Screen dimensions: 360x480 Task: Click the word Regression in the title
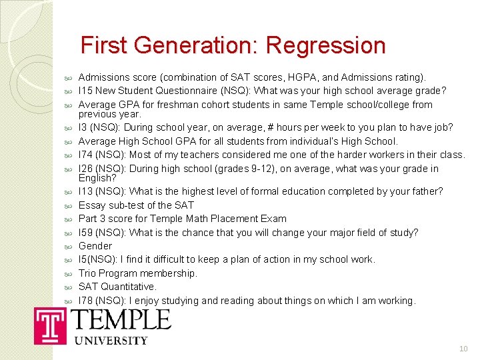325,46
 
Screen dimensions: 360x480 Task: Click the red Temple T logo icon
50,327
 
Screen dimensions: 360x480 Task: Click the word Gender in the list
95,246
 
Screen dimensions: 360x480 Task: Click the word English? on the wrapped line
97,178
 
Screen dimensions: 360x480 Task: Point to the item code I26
86,169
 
